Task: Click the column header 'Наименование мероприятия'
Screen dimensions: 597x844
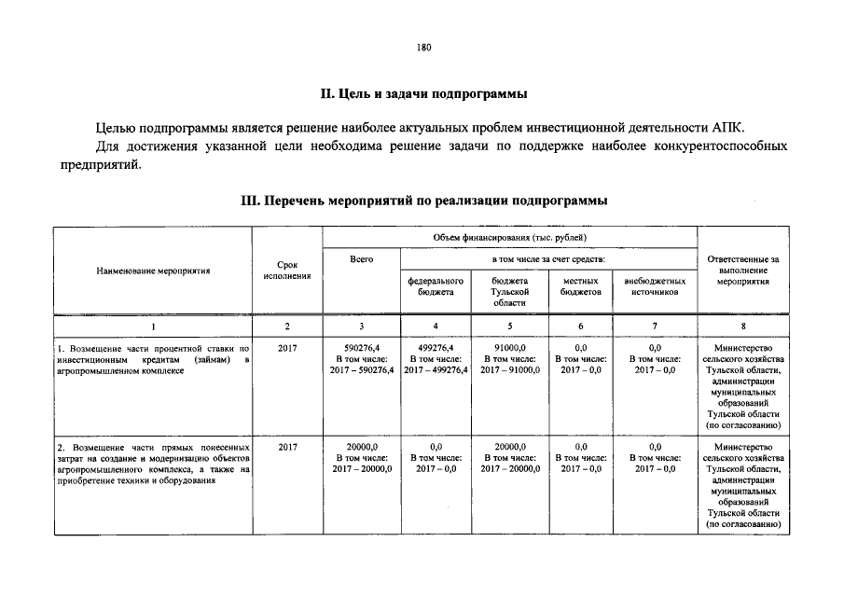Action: click(x=153, y=271)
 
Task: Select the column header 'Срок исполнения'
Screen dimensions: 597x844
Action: click(x=287, y=271)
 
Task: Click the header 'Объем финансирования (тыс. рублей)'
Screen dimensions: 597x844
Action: click(x=510, y=238)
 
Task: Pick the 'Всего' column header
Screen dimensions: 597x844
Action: click(x=361, y=258)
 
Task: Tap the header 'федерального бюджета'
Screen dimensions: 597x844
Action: click(x=436, y=285)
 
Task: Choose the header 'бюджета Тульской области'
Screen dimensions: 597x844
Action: click(x=510, y=291)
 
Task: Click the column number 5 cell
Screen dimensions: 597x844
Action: click(x=510, y=326)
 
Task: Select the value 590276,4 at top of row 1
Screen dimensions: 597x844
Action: click(x=361, y=347)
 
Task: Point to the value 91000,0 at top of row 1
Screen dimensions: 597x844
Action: click(x=510, y=347)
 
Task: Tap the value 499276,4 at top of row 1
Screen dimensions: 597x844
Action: click(x=436, y=347)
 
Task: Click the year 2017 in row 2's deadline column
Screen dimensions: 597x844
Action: click(x=287, y=447)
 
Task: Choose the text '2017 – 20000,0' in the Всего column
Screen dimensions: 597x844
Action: click(x=361, y=469)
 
